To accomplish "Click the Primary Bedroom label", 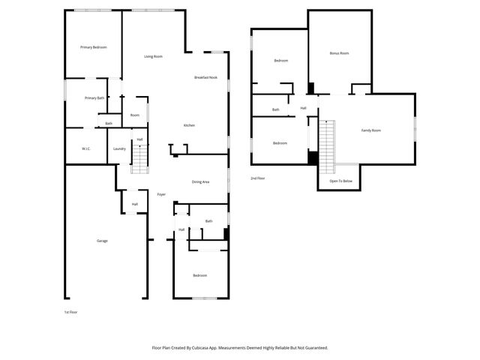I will (x=94, y=47).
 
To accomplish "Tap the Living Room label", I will (x=154, y=57).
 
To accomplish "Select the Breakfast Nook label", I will (x=205, y=78).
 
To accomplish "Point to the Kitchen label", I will (x=190, y=125).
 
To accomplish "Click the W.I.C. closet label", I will (x=86, y=149).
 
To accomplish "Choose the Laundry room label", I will (x=119, y=149).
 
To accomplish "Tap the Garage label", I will (x=102, y=241).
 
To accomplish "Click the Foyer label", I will (x=161, y=195).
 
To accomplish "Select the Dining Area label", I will (x=200, y=182).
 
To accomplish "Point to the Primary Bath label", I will (x=94, y=98).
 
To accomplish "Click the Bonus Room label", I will (x=340, y=53).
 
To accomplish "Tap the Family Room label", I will (x=371, y=130).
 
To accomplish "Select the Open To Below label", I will (x=341, y=181).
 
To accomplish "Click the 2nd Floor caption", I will (x=258, y=178).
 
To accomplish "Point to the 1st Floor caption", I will (x=70, y=311).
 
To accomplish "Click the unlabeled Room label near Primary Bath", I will (x=135, y=115).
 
